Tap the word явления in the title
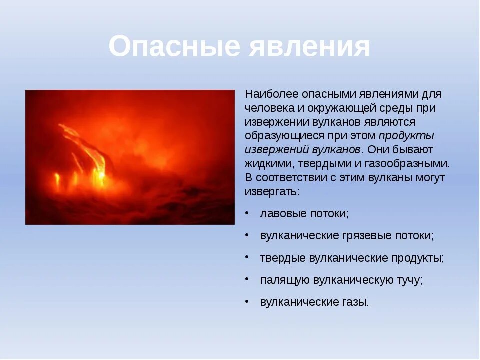pyautogui.click(x=309, y=46)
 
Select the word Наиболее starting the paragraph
pyautogui.click(x=272, y=94)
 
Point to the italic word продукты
pyautogui.click(x=406, y=136)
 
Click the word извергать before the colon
pyautogui.click(x=271, y=192)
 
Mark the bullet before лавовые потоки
pyautogui.click(x=247, y=213)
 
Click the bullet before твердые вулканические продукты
pyautogui.click(x=247, y=257)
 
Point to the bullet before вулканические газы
pyautogui.click(x=247, y=301)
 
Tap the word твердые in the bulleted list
pyautogui.click(x=283, y=258)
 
